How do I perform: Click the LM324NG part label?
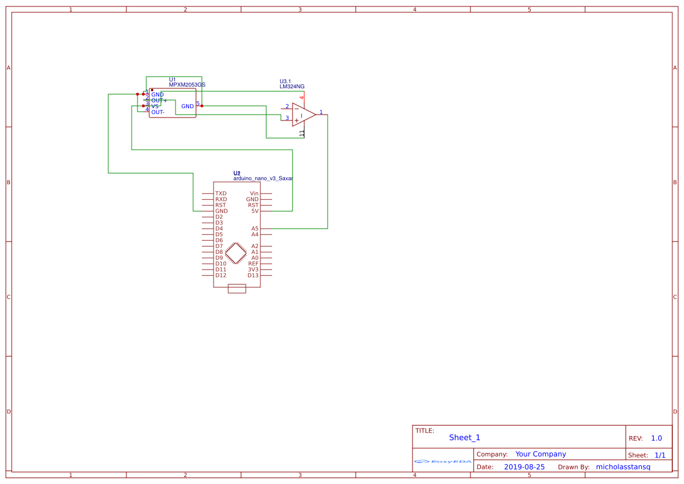pyautogui.click(x=292, y=87)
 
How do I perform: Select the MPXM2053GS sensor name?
pyautogui.click(x=187, y=85)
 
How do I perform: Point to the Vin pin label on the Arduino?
pyautogui.click(x=254, y=193)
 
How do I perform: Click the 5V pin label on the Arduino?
pyautogui.click(x=255, y=211)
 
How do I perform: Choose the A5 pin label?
pyautogui.click(x=255, y=229)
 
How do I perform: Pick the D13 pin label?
pyautogui.click(x=253, y=275)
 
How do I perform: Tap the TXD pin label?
pyautogui.click(x=221, y=193)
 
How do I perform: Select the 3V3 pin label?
pyautogui.click(x=253, y=269)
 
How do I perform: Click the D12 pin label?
pyautogui.click(x=221, y=275)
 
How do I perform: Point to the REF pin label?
pyautogui.click(x=253, y=264)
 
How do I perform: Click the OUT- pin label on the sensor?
pyautogui.click(x=158, y=112)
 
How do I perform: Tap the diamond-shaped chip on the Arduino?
pyautogui.click(x=236, y=253)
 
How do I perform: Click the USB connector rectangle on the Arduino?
pyautogui.click(x=236, y=288)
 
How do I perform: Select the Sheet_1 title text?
pyautogui.click(x=465, y=438)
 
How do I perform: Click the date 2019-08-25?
pyautogui.click(x=524, y=467)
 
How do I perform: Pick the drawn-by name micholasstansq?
pyautogui.click(x=623, y=467)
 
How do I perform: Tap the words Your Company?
pyautogui.click(x=541, y=454)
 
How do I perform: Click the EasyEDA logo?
pyautogui.click(x=443, y=461)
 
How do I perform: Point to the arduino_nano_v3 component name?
pyautogui.click(x=263, y=178)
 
